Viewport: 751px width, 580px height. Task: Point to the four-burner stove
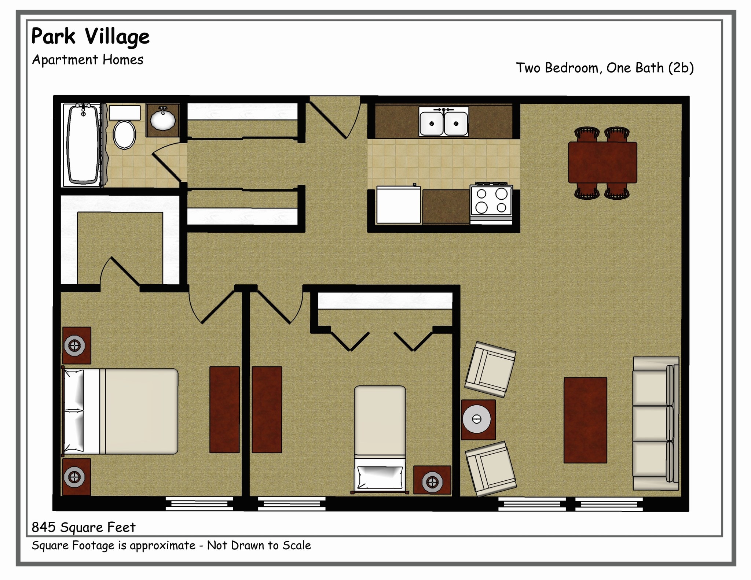491,201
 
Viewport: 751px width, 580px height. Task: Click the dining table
602,162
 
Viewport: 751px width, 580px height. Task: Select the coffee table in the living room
585,420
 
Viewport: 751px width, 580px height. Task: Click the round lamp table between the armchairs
478,419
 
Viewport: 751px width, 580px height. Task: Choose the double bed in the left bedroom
121,411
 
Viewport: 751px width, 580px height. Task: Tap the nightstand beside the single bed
432,480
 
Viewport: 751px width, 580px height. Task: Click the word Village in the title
117,37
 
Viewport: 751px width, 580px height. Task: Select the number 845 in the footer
43,527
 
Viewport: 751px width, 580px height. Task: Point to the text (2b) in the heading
681,68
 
